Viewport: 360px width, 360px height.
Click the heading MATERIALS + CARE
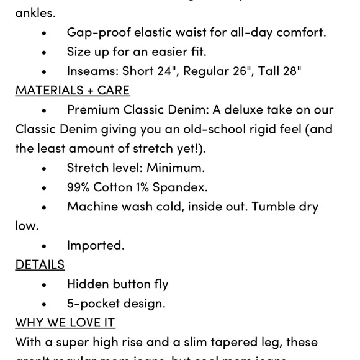[73, 90]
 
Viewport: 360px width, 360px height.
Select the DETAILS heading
[40, 264]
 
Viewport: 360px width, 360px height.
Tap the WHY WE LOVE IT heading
[65, 323]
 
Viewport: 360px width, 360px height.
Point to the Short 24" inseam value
[148, 71]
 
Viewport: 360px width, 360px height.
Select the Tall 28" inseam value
[280, 71]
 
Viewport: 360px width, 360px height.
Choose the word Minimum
[176, 168]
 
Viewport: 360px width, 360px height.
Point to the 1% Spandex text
[172, 187]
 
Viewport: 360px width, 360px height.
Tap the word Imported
[96, 245]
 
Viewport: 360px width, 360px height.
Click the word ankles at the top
[35, 12]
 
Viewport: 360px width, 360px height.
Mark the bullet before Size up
[44, 52]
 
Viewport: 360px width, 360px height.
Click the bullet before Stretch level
[44, 168]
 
